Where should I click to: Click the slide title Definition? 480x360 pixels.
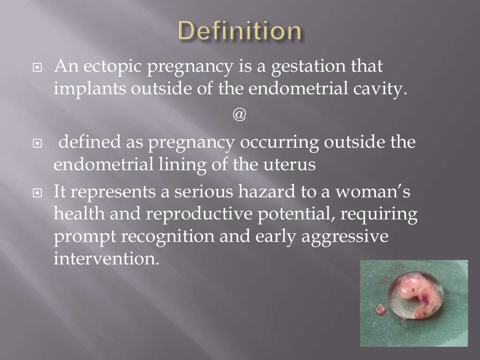[240, 31]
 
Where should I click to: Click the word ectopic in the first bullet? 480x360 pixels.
[114, 67]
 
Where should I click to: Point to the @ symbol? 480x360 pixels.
[239, 115]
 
